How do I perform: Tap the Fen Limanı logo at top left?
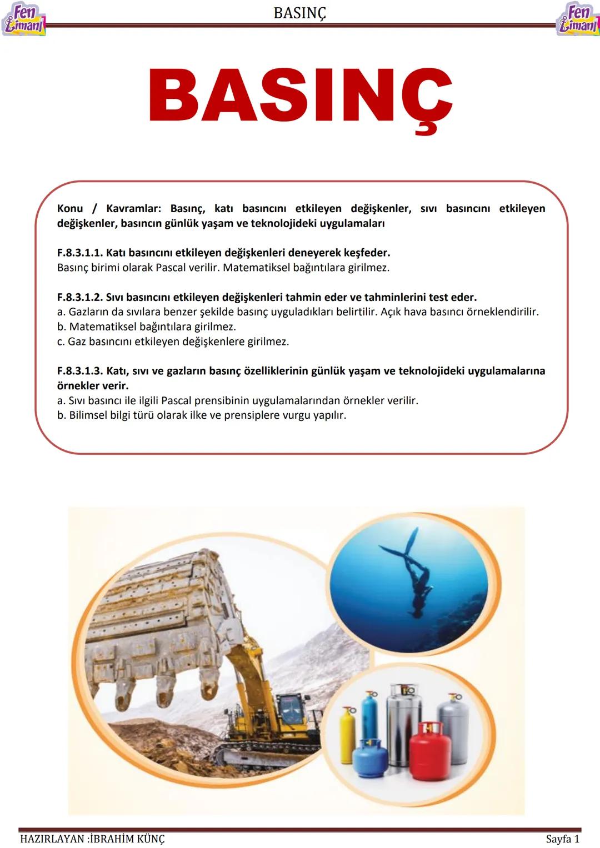point(23,19)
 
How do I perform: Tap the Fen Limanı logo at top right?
point(578,19)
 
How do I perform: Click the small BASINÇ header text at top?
point(299,13)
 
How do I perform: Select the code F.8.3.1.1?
point(79,253)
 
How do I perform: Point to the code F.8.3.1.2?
point(79,297)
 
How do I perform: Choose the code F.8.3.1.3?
point(79,371)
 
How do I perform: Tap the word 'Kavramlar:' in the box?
point(133,209)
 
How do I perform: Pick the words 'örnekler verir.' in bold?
point(93,385)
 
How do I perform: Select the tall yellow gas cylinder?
point(347,733)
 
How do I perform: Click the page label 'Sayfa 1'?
point(562,839)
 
